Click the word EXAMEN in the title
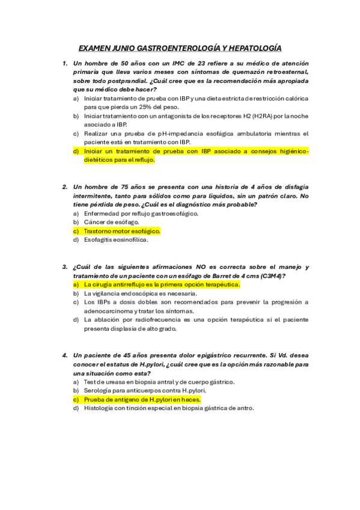point(94,48)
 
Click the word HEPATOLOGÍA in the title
point(251,48)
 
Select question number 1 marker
point(64,63)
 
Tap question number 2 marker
point(64,187)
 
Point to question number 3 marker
point(64,266)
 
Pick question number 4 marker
point(64,355)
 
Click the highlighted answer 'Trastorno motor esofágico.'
point(122,231)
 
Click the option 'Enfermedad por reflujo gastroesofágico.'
point(141,213)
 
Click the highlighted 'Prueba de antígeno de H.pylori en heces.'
point(142,399)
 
